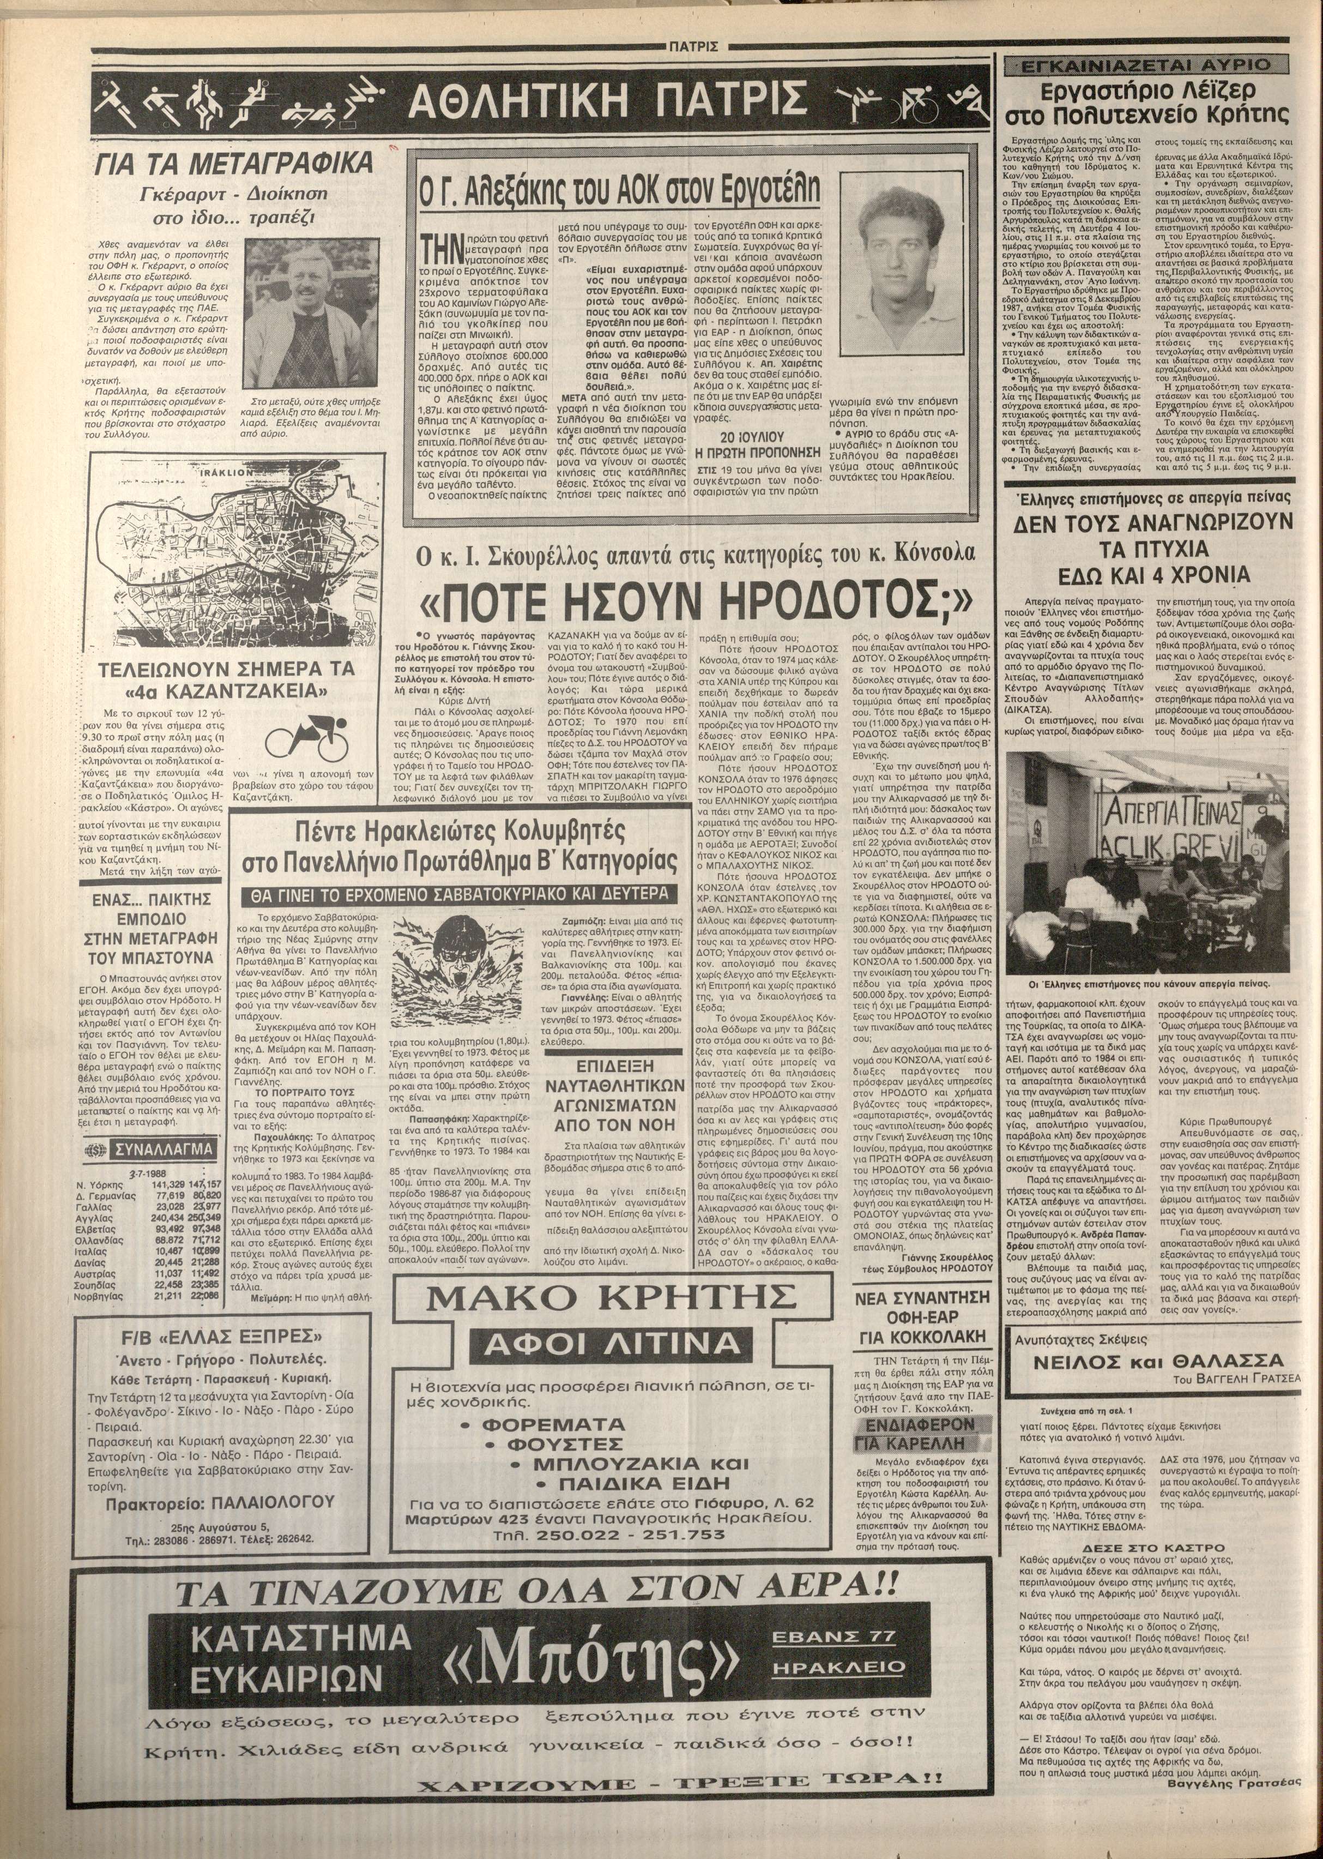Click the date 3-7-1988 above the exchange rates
click(143, 1172)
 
